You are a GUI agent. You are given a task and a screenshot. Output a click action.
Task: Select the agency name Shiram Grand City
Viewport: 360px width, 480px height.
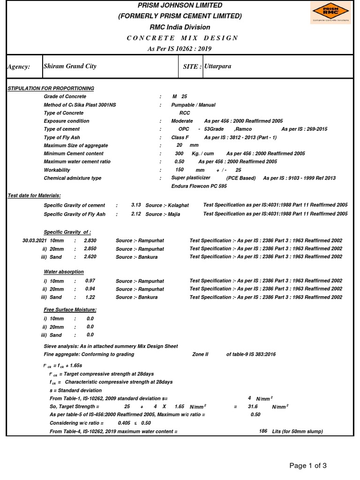pyautogui.click(x=70, y=66)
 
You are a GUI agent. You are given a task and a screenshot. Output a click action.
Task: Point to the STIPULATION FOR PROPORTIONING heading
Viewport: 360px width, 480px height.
pyautogui.click(x=51, y=88)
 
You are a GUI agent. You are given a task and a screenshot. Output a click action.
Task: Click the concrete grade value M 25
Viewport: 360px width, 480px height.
pyautogui.click(x=180, y=97)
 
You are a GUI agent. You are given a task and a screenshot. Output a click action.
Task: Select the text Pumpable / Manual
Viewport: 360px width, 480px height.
pyautogui.click(x=193, y=105)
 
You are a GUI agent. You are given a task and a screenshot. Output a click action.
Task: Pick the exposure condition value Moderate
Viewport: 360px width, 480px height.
pyautogui.click(x=182, y=121)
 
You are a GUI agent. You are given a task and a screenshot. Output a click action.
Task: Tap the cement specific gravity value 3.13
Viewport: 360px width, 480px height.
pyautogui.click(x=136, y=205)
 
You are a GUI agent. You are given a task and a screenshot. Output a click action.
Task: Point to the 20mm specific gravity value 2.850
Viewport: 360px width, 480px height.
pyautogui.click(x=90, y=248)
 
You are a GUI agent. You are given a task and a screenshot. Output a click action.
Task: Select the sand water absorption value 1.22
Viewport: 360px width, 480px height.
pyautogui.click(x=90, y=297)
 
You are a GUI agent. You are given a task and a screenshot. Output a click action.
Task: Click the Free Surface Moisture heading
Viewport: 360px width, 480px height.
pyautogui.click(x=70, y=310)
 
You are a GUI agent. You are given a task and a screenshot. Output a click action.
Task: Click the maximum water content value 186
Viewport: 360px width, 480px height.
pyautogui.click(x=263, y=431)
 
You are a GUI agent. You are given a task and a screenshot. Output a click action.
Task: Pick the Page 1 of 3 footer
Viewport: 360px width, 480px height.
pyautogui.click(x=308, y=465)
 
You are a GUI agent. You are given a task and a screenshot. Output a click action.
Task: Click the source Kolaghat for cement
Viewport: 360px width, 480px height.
pyautogui.click(x=177, y=205)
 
